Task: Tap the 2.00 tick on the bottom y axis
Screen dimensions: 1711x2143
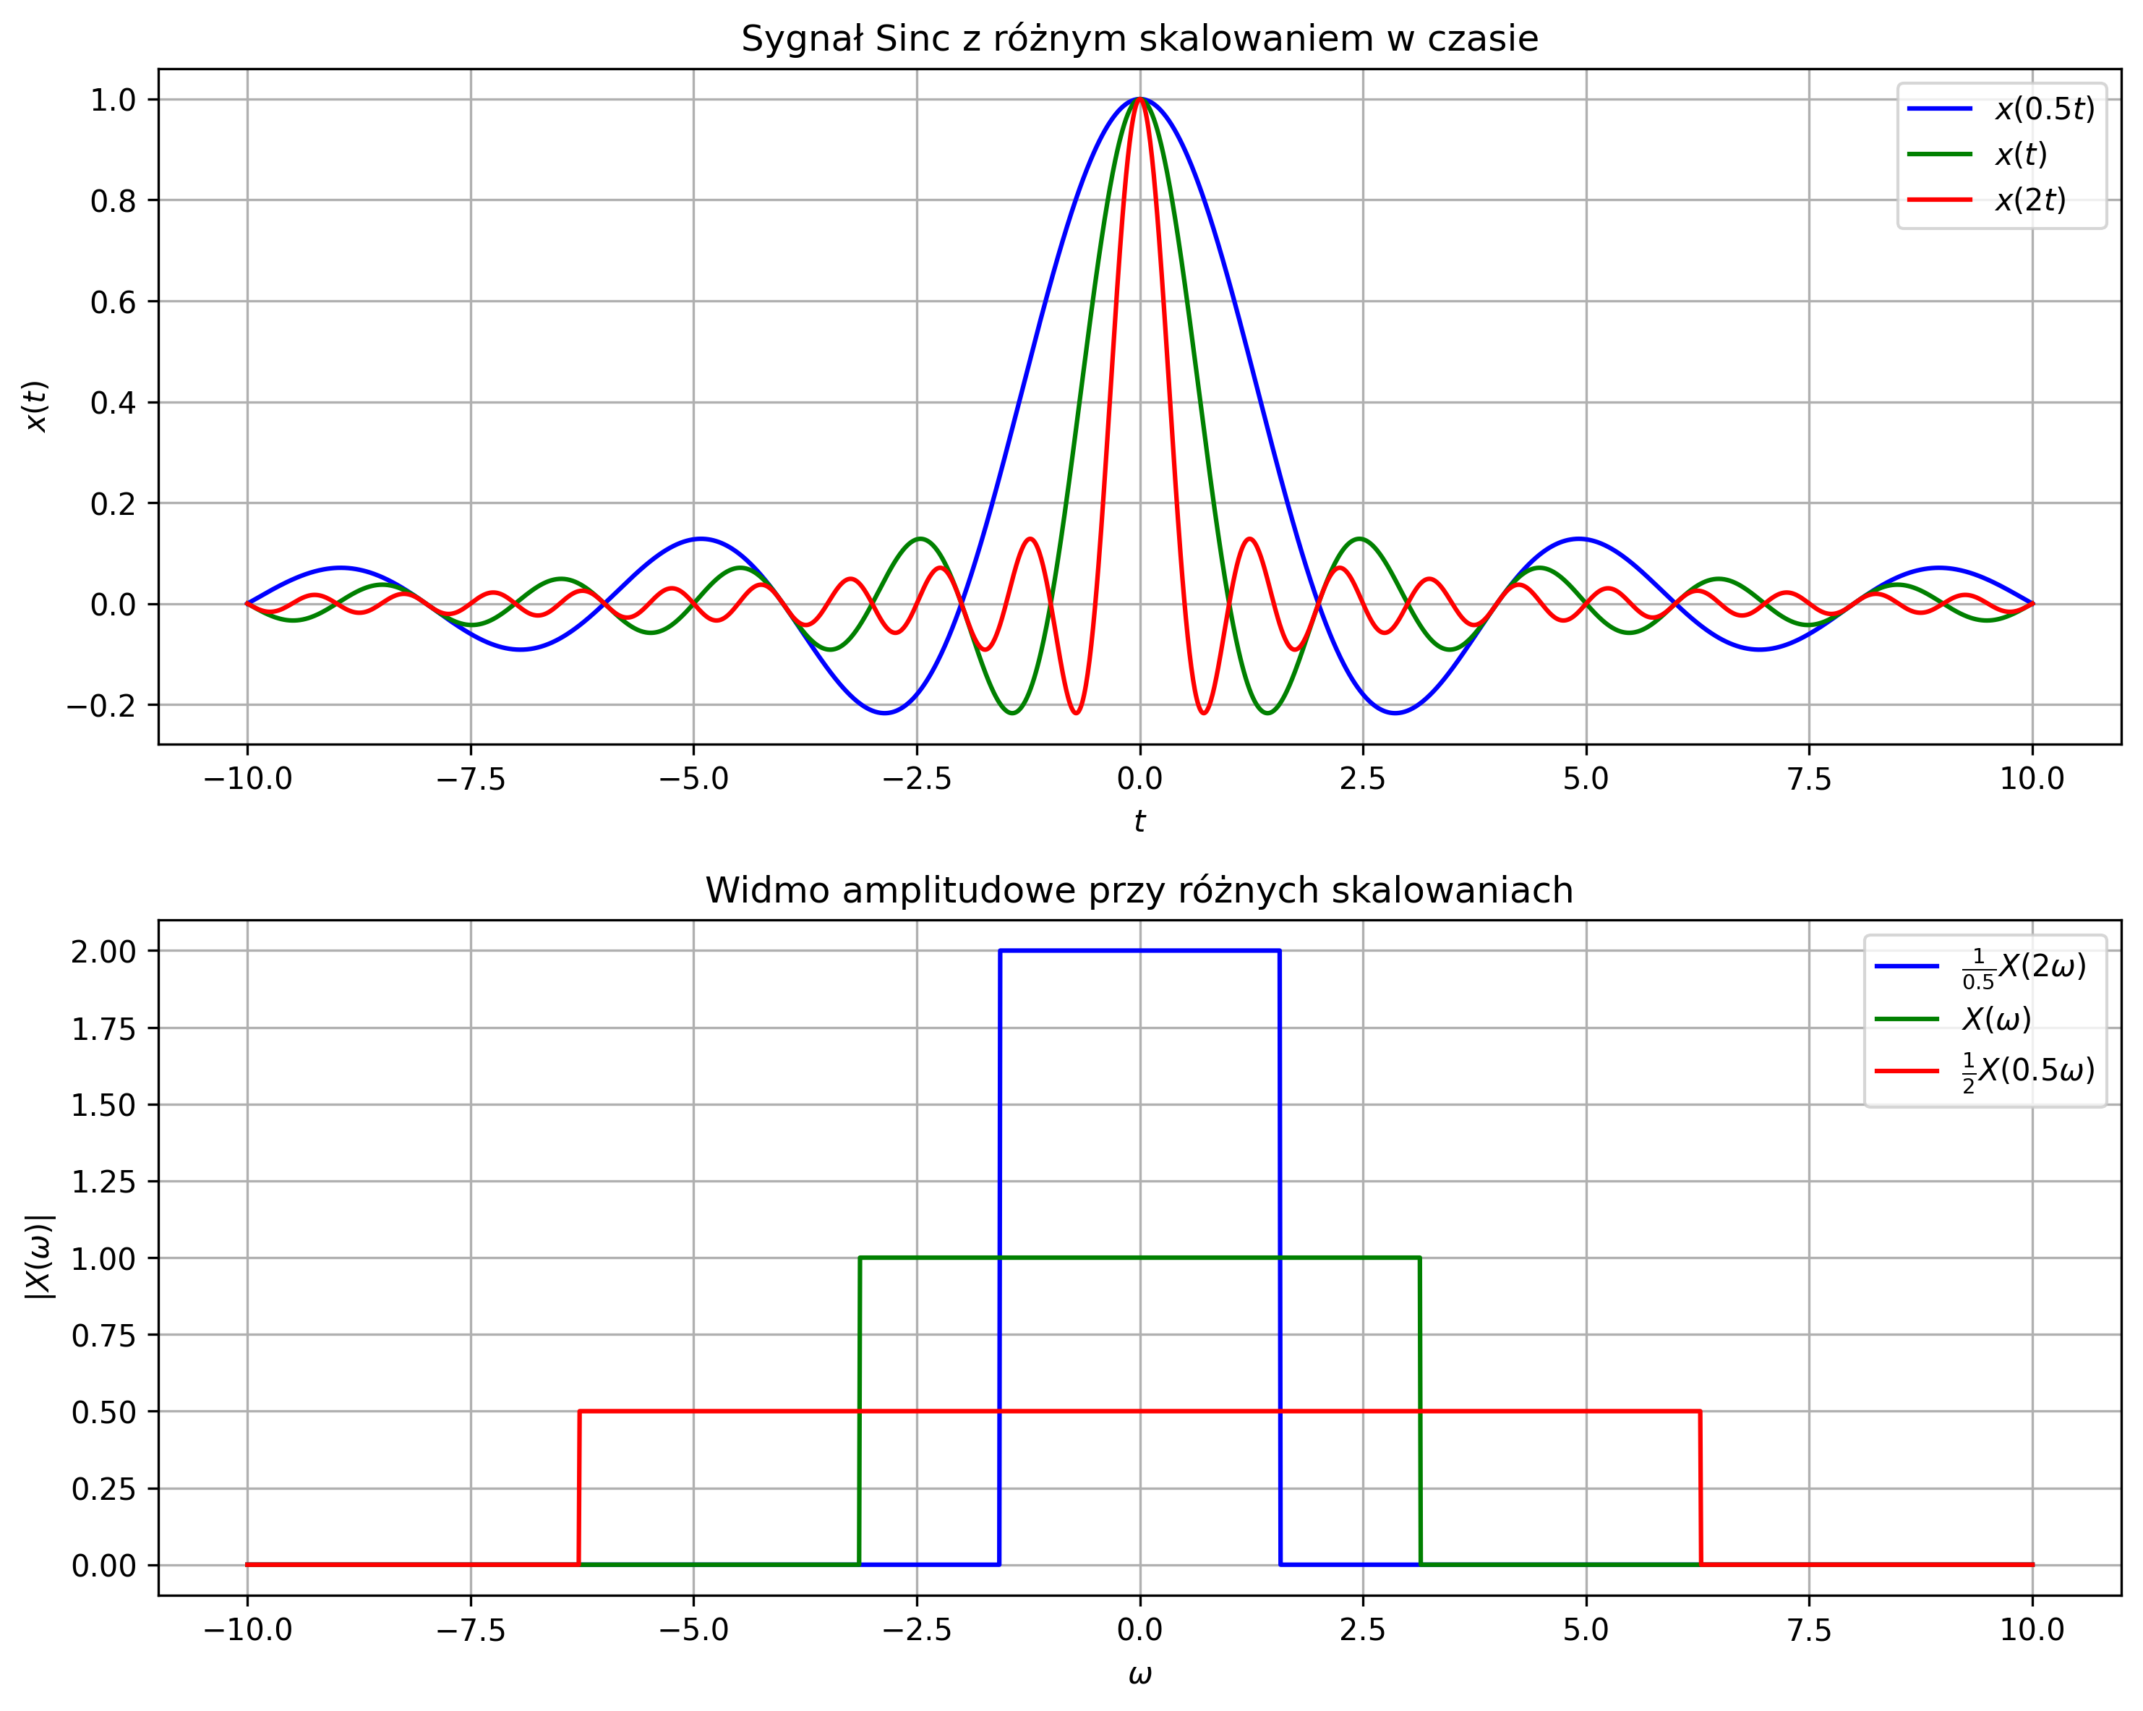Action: (103, 952)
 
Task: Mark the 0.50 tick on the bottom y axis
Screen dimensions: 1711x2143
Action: (103, 1412)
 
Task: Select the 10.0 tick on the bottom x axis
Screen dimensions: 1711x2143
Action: (2032, 1629)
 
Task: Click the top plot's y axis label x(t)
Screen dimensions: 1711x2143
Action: (37, 406)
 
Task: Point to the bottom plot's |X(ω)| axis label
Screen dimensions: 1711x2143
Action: (40, 1257)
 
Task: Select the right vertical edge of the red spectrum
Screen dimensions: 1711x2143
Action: (1701, 1491)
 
